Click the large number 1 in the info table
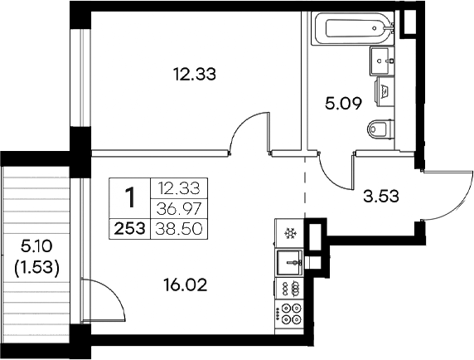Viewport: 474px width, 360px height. pos(129,198)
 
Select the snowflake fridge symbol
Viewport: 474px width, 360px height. pos(291,234)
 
